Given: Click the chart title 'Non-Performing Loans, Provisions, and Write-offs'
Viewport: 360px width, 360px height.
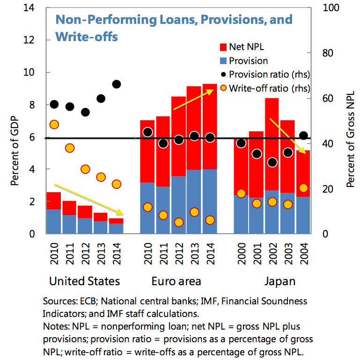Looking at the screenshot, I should [173, 28].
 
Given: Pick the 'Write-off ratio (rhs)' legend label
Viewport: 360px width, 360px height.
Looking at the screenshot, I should [270, 88].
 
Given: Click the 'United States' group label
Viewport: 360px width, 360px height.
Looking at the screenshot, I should [85, 281].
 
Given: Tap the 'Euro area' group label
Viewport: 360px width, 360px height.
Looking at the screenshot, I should [176, 281].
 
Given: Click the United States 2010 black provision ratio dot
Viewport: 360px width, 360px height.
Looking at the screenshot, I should [54, 104].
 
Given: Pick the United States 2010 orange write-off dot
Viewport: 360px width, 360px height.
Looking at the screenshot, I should [54, 124].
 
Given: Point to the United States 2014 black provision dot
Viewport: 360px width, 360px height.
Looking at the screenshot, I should [117, 84].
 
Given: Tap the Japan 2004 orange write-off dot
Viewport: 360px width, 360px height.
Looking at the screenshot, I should [303, 188].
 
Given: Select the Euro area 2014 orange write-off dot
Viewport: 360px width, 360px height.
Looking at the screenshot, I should [210, 220].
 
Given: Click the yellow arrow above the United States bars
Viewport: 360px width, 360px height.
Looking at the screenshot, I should [89, 199].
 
